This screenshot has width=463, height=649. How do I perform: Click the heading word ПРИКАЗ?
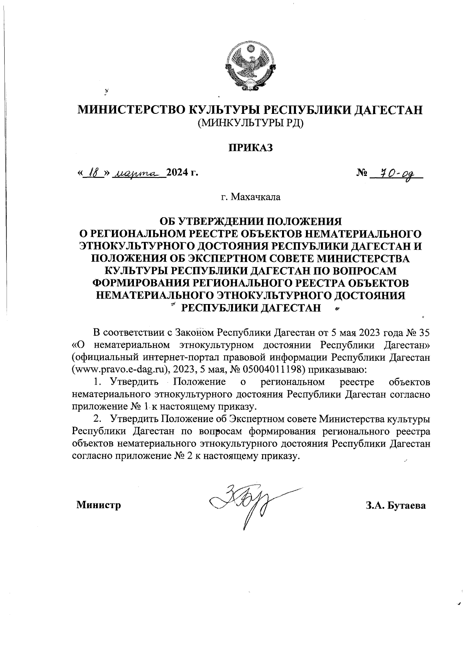pos(251,148)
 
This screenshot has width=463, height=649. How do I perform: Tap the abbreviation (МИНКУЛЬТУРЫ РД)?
pos(251,123)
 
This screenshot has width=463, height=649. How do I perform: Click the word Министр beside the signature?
pos(99,504)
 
